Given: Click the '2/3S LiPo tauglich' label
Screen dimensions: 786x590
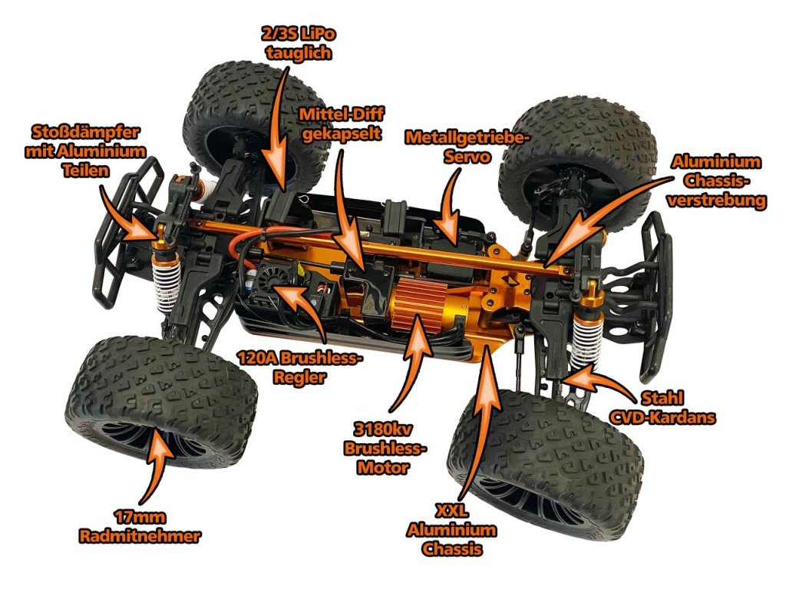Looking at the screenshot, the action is tap(299, 43).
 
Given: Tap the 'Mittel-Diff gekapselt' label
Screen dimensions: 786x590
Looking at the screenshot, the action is tap(342, 124).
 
